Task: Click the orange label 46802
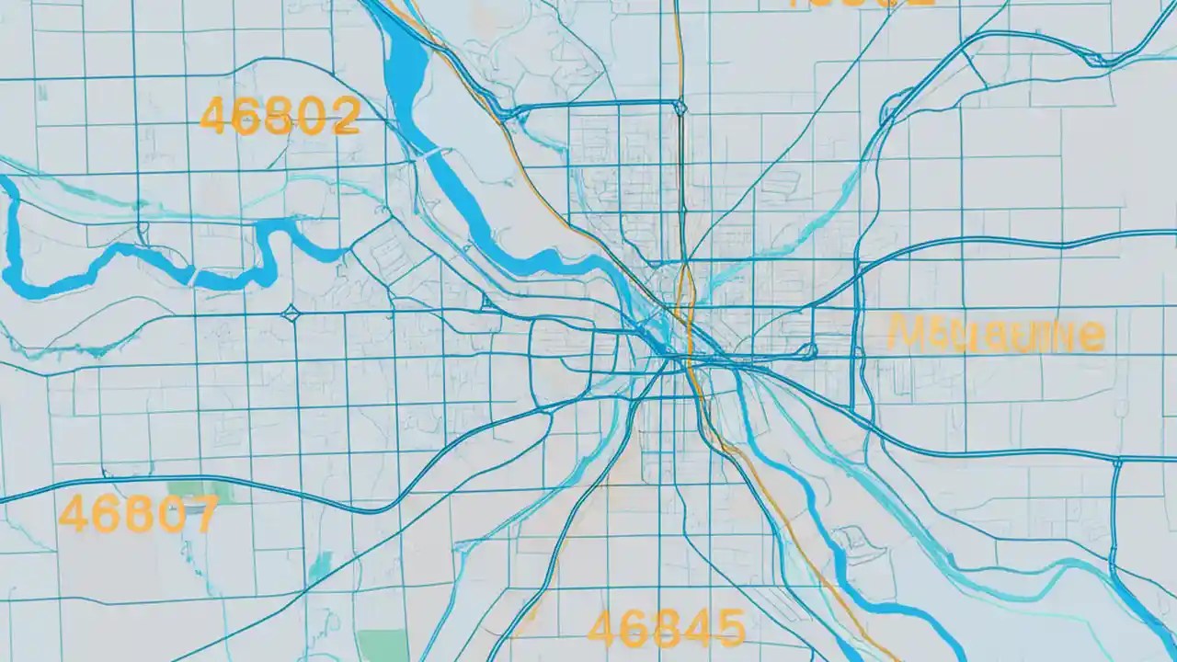tap(279, 116)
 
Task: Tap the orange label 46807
tap(138, 513)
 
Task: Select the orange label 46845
tap(666, 629)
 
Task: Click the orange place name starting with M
tap(995, 335)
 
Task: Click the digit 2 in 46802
tap(344, 116)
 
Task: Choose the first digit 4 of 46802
tap(214, 117)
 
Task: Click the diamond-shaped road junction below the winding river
tap(291, 314)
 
